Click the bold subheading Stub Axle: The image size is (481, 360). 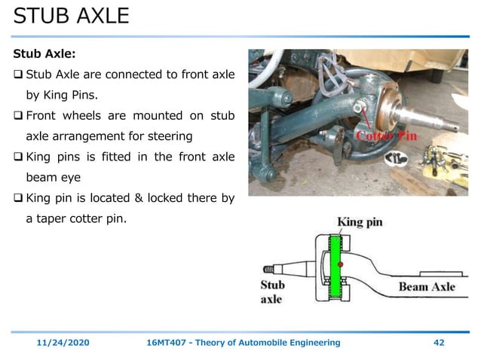tap(44, 54)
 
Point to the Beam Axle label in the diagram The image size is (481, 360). tap(427, 286)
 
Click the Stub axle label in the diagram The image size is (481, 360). tap(272, 291)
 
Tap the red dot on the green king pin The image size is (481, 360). tap(342, 264)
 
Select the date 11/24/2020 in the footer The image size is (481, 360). tap(64, 343)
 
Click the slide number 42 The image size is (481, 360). tap(439, 343)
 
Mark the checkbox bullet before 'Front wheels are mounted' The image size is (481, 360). tap(19, 117)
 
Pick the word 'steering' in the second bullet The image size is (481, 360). tap(170, 137)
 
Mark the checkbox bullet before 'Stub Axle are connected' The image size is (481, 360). tap(19, 75)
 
